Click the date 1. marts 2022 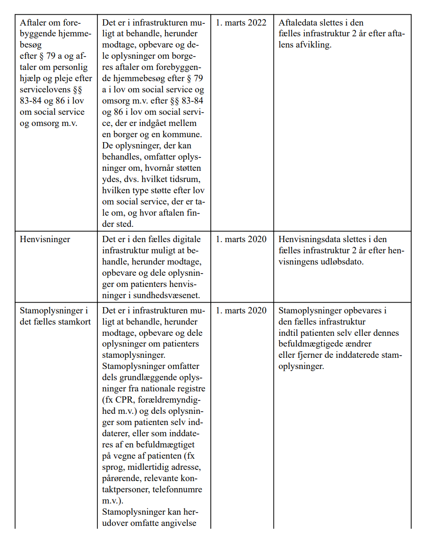[x=241, y=23]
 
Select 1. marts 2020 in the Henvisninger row [x=241, y=239]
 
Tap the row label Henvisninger [x=45, y=239]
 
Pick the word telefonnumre [x=177, y=490]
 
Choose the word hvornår [x=160, y=168]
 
